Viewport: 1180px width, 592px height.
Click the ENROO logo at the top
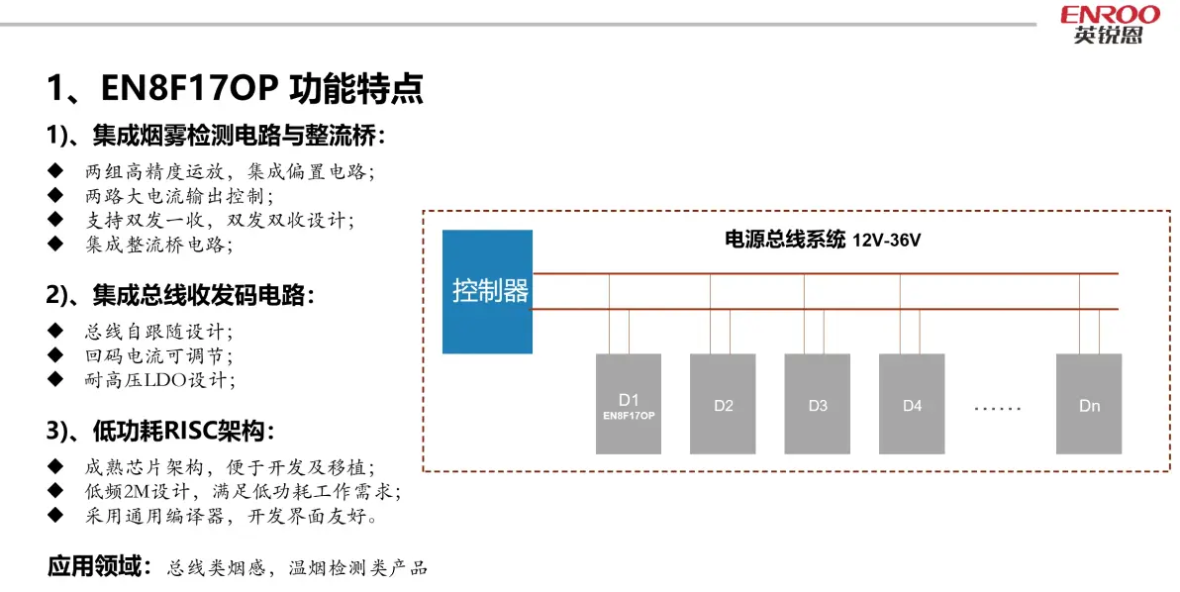point(1110,24)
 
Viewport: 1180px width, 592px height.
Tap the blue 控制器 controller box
point(487,291)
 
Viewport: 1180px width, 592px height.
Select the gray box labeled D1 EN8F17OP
point(629,404)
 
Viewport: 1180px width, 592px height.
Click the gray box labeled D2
point(724,404)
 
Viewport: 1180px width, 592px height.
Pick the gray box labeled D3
point(818,404)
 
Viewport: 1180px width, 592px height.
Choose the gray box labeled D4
point(912,404)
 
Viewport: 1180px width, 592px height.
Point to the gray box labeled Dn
point(1089,404)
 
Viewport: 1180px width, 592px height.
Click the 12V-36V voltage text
point(887,241)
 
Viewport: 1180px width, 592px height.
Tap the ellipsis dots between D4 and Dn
point(998,409)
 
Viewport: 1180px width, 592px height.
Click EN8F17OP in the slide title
point(190,88)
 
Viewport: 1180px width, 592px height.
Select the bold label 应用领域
point(99,565)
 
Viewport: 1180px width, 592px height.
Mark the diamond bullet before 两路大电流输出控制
point(55,196)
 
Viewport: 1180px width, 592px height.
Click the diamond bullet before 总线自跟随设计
point(55,331)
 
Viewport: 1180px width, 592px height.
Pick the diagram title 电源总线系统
point(785,240)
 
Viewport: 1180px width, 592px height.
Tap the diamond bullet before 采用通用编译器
point(55,515)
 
